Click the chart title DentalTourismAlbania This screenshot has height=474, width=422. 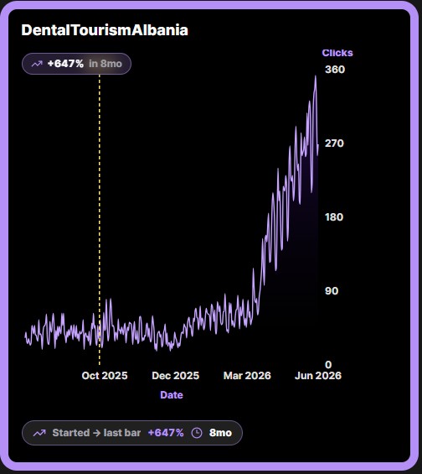coord(105,30)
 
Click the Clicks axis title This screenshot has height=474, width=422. coord(337,53)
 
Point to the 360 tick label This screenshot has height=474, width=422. coord(335,70)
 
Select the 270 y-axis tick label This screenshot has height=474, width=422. coord(334,143)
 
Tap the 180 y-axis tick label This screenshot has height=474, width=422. coord(334,217)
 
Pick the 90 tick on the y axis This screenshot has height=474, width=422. coord(332,291)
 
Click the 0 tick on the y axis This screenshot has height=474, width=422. coord(328,365)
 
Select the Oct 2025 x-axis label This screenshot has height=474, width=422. coord(105,376)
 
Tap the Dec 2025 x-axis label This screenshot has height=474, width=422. coord(176,376)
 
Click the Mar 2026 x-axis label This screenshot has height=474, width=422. coord(247,376)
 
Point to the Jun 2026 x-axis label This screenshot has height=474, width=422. coord(318,376)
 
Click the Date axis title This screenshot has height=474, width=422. coord(172,395)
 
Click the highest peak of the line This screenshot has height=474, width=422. coord(316,76)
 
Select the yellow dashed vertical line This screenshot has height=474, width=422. coord(100,220)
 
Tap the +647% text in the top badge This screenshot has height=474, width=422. coord(65,64)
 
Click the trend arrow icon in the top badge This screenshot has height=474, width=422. coord(37,64)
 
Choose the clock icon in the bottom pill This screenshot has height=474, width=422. coord(197,433)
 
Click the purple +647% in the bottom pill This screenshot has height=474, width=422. coord(166,433)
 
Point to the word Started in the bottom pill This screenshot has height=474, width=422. coord(71,433)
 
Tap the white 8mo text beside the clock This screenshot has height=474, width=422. coord(220,433)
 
